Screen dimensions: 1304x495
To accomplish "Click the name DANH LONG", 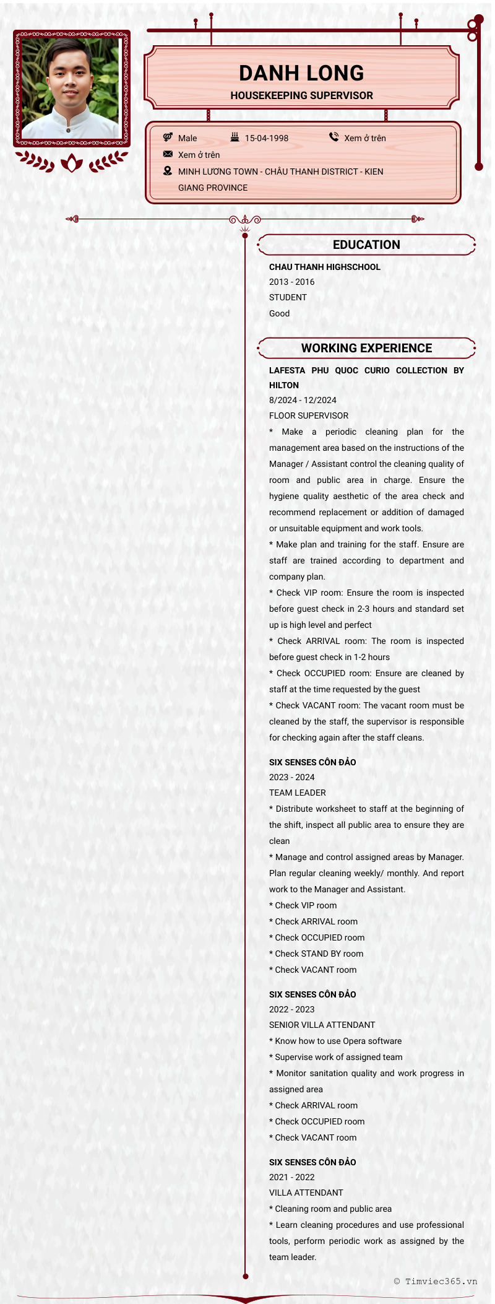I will [x=301, y=73].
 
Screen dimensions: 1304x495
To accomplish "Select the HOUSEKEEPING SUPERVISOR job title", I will [x=301, y=95].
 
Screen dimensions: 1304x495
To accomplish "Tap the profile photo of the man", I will [x=71, y=88].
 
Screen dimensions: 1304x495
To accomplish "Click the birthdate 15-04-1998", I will [x=266, y=138].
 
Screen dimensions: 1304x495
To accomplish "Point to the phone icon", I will [x=334, y=137].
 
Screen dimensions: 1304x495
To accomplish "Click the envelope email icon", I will [x=168, y=154].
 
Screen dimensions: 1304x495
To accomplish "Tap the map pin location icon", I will [x=168, y=171].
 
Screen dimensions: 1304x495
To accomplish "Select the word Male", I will [x=187, y=138].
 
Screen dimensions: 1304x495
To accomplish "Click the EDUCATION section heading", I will [x=366, y=245].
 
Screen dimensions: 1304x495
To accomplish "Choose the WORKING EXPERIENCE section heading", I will [x=366, y=348].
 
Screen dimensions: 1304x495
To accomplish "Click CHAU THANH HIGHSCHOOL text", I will [x=324, y=267].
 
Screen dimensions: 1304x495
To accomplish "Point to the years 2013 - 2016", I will [x=291, y=282].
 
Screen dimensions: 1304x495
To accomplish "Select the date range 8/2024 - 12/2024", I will [x=303, y=400].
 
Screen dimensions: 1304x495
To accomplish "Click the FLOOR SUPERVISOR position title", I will [x=308, y=415].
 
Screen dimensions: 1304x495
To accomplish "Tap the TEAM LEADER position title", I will [x=297, y=793].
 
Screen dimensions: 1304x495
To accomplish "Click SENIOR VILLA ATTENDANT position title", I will [x=322, y=1025].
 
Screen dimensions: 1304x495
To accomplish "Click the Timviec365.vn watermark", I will [x=436, y=1281].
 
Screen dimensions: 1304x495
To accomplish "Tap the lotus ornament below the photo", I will [x=72, y=163].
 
